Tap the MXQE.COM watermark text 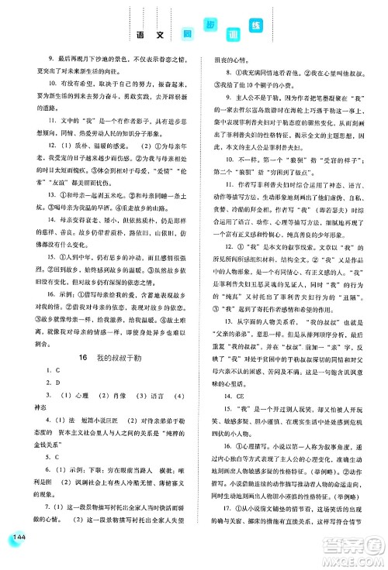(354, 556)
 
